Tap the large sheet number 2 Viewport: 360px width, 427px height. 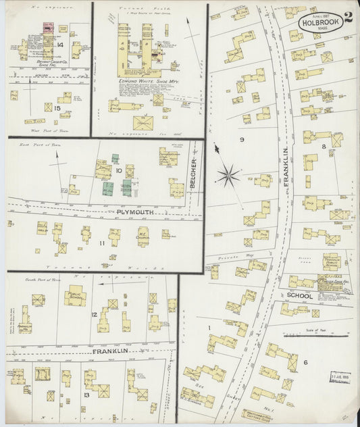[347, 18]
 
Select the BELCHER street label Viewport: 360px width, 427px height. [194, 172]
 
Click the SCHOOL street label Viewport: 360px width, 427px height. [299, 296]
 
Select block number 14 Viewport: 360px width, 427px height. [60, 45]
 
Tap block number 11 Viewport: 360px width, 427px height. [103, 242]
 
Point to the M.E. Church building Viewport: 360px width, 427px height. [144, 237]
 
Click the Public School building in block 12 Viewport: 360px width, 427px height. [75, 295]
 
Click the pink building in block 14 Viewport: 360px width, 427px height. [49, 28]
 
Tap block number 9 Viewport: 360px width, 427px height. [241, 139]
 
